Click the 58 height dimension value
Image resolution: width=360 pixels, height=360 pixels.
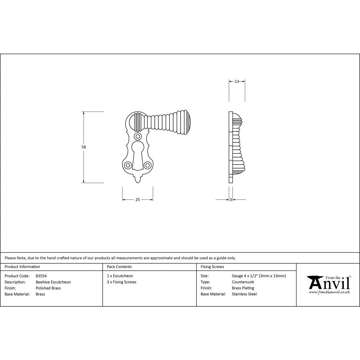(x=84, y=147)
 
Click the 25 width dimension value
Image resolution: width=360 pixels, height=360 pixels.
(x=138, y=200)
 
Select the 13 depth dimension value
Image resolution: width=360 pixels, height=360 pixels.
(x=237, y=81)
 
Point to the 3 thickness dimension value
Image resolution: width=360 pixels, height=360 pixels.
(x=230, y=200)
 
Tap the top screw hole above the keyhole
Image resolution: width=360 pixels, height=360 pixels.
(x=137, y=136)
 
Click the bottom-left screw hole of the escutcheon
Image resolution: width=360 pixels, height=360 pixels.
(x=128, y=165)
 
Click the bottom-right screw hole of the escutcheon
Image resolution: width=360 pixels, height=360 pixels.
(x=147, y=165)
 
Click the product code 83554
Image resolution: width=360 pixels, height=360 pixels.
(x=41, y=276)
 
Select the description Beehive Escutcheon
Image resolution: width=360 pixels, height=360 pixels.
(x=53, y=282)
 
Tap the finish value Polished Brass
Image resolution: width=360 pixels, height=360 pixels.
(x=48, y=288)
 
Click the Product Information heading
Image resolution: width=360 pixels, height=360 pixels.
(x=22, y=267)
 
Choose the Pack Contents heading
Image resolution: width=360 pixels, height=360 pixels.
(x=119, y=267)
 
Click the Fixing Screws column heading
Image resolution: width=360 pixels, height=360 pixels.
(x=212, y=267)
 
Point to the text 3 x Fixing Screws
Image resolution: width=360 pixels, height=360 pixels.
(x=122, y=282)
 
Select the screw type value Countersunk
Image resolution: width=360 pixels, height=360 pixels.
(x=243, y=282)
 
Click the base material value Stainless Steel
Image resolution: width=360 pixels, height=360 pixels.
(x=244, y=294)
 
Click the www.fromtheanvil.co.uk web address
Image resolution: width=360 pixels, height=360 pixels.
(x=329, y=292)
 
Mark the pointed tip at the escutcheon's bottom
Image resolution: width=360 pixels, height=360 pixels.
(x=138, y=180)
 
